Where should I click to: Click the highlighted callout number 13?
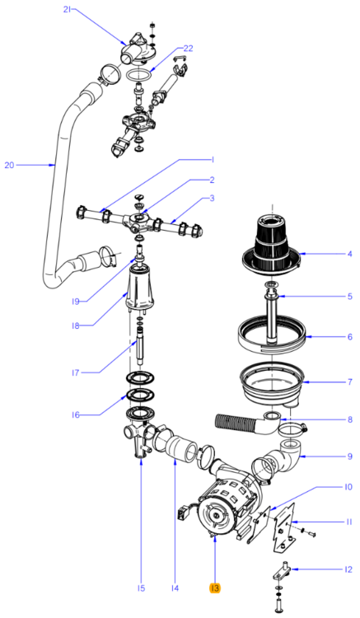(x=214, y=588)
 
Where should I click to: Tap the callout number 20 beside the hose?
(x=10, y=165)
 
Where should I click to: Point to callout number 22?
(x=189, y=49)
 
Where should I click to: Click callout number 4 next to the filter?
(x=349, y=254)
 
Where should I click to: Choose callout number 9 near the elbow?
(x=349, y=456)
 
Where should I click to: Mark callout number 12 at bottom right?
(x=348, y=569)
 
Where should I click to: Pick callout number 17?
(x=74, y=372)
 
